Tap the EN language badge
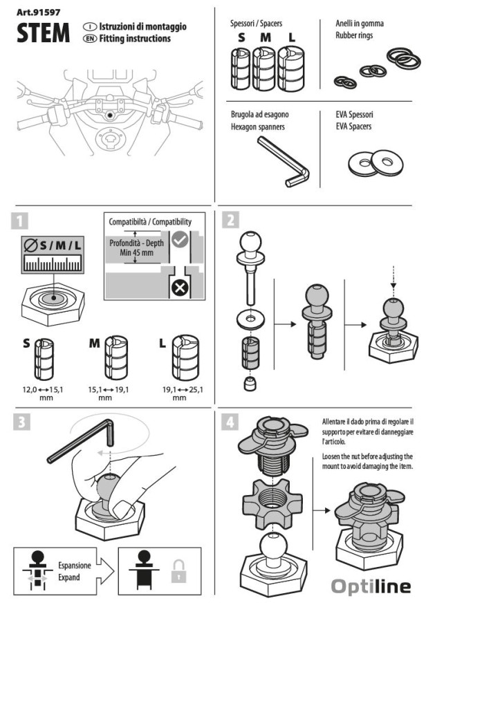pos(89,39)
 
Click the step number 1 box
pos(21,221)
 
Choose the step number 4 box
pos(231,422)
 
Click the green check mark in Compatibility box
pos(180,240)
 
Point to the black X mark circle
pos(180,286)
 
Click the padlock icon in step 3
pos(179,572)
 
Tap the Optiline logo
pos(370,587)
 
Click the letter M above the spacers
pos(265,38)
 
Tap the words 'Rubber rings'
pos(354,35)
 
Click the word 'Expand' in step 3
pos(69,577)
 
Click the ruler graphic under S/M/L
pos(51,263)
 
